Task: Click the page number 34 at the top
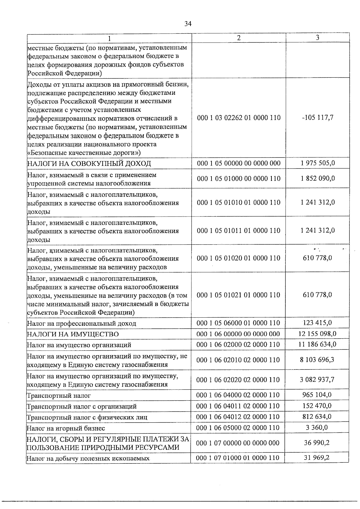[188, 24]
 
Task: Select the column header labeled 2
[238, 38]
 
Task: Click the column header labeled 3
[317, 37]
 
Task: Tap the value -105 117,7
[317, 118]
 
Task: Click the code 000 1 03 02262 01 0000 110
[239, 118]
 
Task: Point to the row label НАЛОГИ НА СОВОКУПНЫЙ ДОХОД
[89, 163]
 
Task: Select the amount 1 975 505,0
[317, 163]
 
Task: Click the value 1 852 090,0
[317, 178]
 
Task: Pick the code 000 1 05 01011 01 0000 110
[238, 231]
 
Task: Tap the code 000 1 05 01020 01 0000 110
[238, 258]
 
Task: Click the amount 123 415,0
[317, 323]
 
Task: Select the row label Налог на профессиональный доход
[82, 324]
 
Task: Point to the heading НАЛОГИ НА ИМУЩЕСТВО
[73, 334]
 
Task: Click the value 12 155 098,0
[317, 334]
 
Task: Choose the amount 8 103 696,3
[317, 360]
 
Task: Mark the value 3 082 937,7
[317, 380]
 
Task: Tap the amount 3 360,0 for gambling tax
[317, 427]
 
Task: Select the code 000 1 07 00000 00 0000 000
[238, 443]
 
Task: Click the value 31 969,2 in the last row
[317, 458]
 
